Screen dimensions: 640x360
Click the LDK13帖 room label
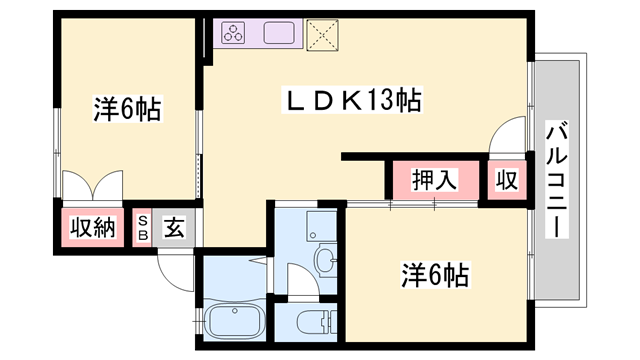pyautogui.click(x=352, y=101)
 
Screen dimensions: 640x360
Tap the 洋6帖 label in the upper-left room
pyautogui.click(x=128, y=109)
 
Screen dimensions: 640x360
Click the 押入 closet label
pyautogui.click(x=436, y=181)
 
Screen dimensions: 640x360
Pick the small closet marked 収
pyautogui.click(x=507, y=181)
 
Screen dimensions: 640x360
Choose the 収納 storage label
pyautogui.click(x=93, y=227)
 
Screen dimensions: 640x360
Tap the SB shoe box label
pyautogui.click(x=143, y=228)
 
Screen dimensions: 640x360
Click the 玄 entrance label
pyautogui.click(x=174, y=227)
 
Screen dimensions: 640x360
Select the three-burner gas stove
pyautogui.click(x=233, y=33)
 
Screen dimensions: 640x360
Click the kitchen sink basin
pyautogui.click(x=279, y=33)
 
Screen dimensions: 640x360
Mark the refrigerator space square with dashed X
pyautogui.click(x=323, y=34)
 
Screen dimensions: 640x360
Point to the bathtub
pyautogui.click(x=234, y=323)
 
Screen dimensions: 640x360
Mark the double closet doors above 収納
pyautogui.click(x=92, y=188)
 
